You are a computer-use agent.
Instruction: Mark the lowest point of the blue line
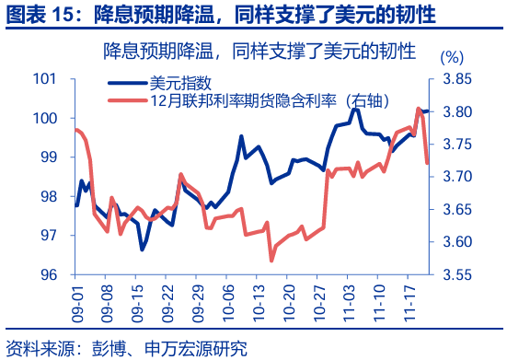point(142,250)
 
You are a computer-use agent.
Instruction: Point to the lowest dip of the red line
point(271,261)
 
